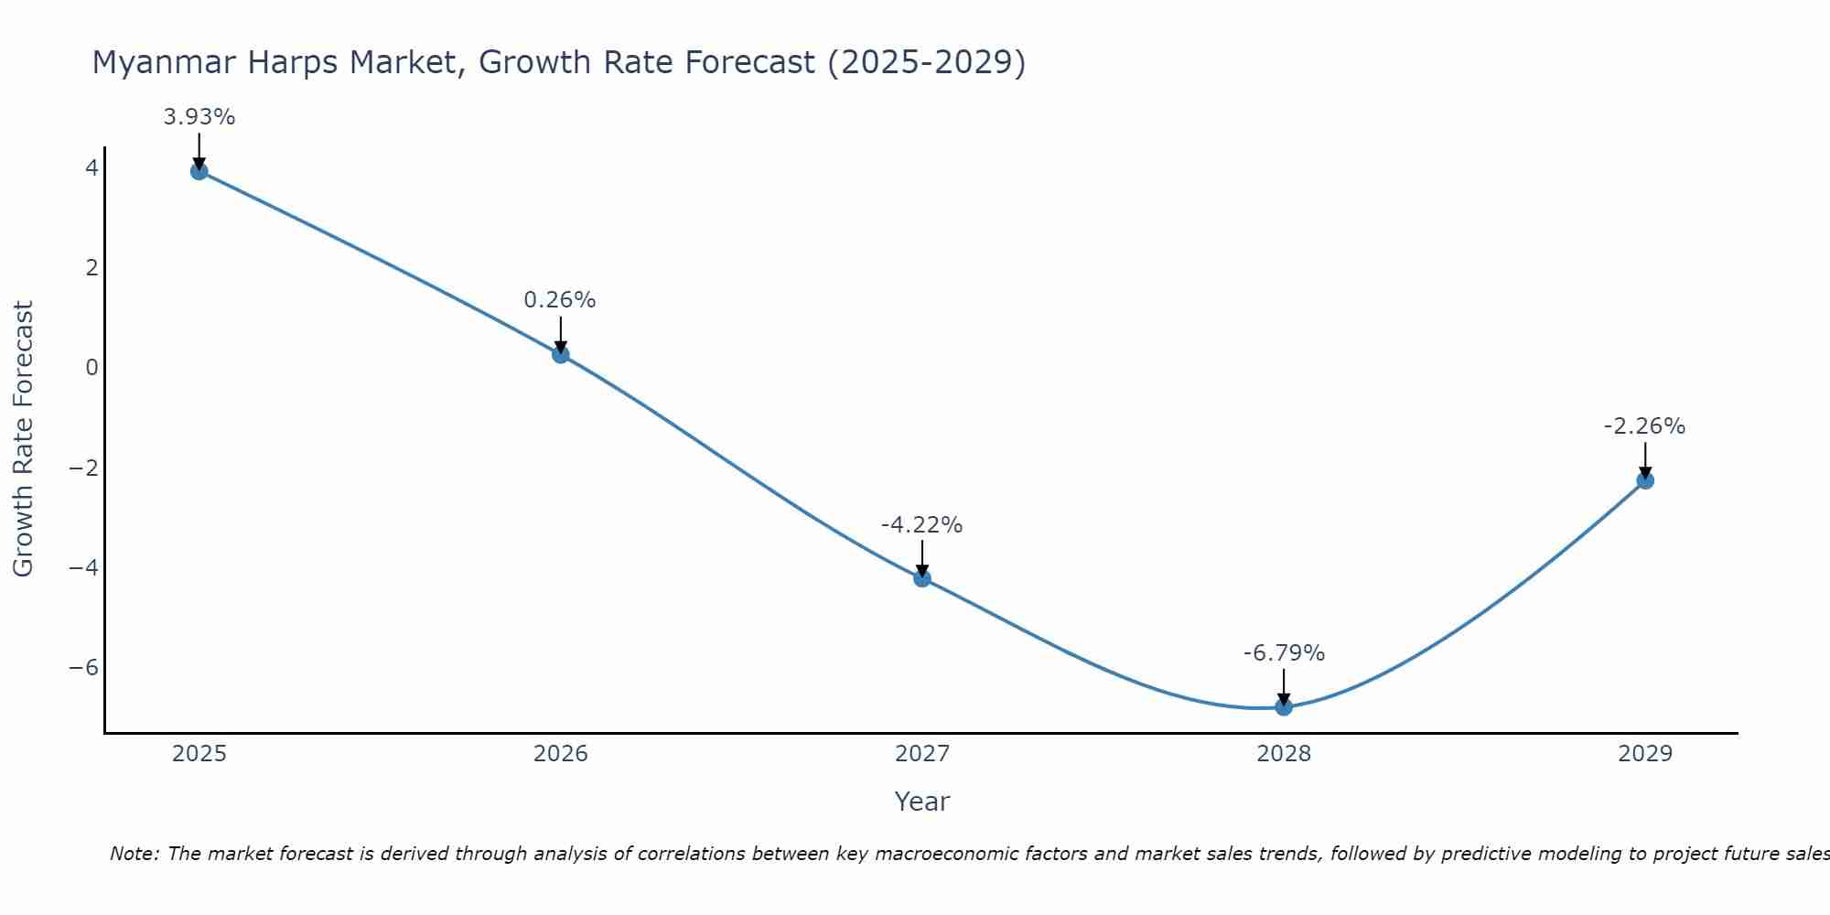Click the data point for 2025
click(x=199, y=171)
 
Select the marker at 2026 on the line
click(x=561, y=355)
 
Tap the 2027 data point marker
click(x=922, y=578)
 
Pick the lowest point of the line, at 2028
click(x=1284, y=706)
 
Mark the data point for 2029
click(x=1645, y=480)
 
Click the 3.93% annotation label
click(x=199, y=117)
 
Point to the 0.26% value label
click(x=560, y=300)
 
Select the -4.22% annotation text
click(x=921, y=525)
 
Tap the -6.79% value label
click(x=1284, y=653)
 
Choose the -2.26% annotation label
click(x=1644, y=426)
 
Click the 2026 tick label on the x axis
click(x=561, y=754)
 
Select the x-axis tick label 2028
click(x=1284, y=754)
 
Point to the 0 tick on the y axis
click(x=91, y=368)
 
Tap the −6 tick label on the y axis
click(x=84, y=668)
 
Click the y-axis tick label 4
click(x=91, y=168)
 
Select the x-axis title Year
click(x=922, y=802)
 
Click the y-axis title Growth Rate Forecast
click(x=23, y=438)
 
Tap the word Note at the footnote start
click(x=134, y=854)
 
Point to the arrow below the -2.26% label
click(x=1645, y=460)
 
